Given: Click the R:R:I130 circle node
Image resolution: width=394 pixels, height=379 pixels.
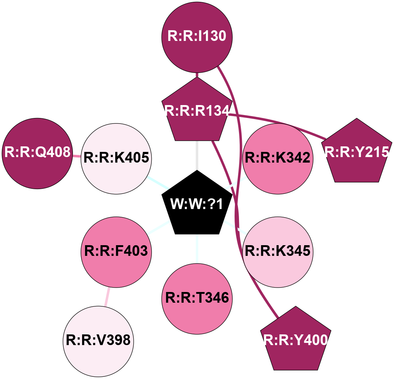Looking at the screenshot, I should click(197, 37).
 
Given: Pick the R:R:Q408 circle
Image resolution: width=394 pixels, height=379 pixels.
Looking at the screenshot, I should click(37, 153).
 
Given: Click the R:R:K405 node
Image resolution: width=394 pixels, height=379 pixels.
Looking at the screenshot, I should click(116, 159).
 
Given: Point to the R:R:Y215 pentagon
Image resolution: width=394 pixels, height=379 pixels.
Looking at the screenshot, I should click(357, 153).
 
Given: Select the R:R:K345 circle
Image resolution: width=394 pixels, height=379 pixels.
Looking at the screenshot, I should click(278, 252).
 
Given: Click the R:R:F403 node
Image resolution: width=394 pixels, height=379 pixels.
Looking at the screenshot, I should click(116, 252).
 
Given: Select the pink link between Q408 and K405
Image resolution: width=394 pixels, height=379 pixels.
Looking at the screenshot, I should click(76, 156).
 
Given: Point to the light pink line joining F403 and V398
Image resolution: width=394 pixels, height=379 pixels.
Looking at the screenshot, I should click(107, 297).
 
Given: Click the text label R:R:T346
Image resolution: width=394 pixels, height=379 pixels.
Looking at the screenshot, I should click(197, 298).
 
